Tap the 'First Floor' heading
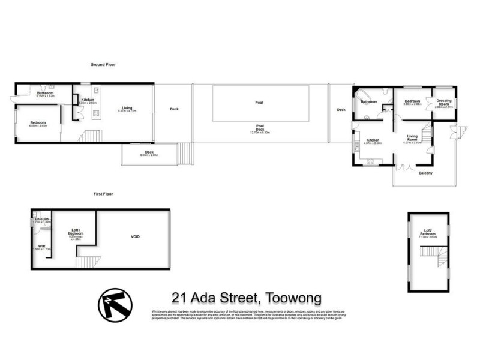[103, 194]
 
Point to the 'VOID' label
[136, 237]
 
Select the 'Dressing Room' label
[444, 103]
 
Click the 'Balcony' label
[425, 173]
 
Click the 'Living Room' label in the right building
[412, 138]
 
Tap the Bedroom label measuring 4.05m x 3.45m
[38, 124]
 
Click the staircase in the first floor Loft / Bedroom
[86, 262]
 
